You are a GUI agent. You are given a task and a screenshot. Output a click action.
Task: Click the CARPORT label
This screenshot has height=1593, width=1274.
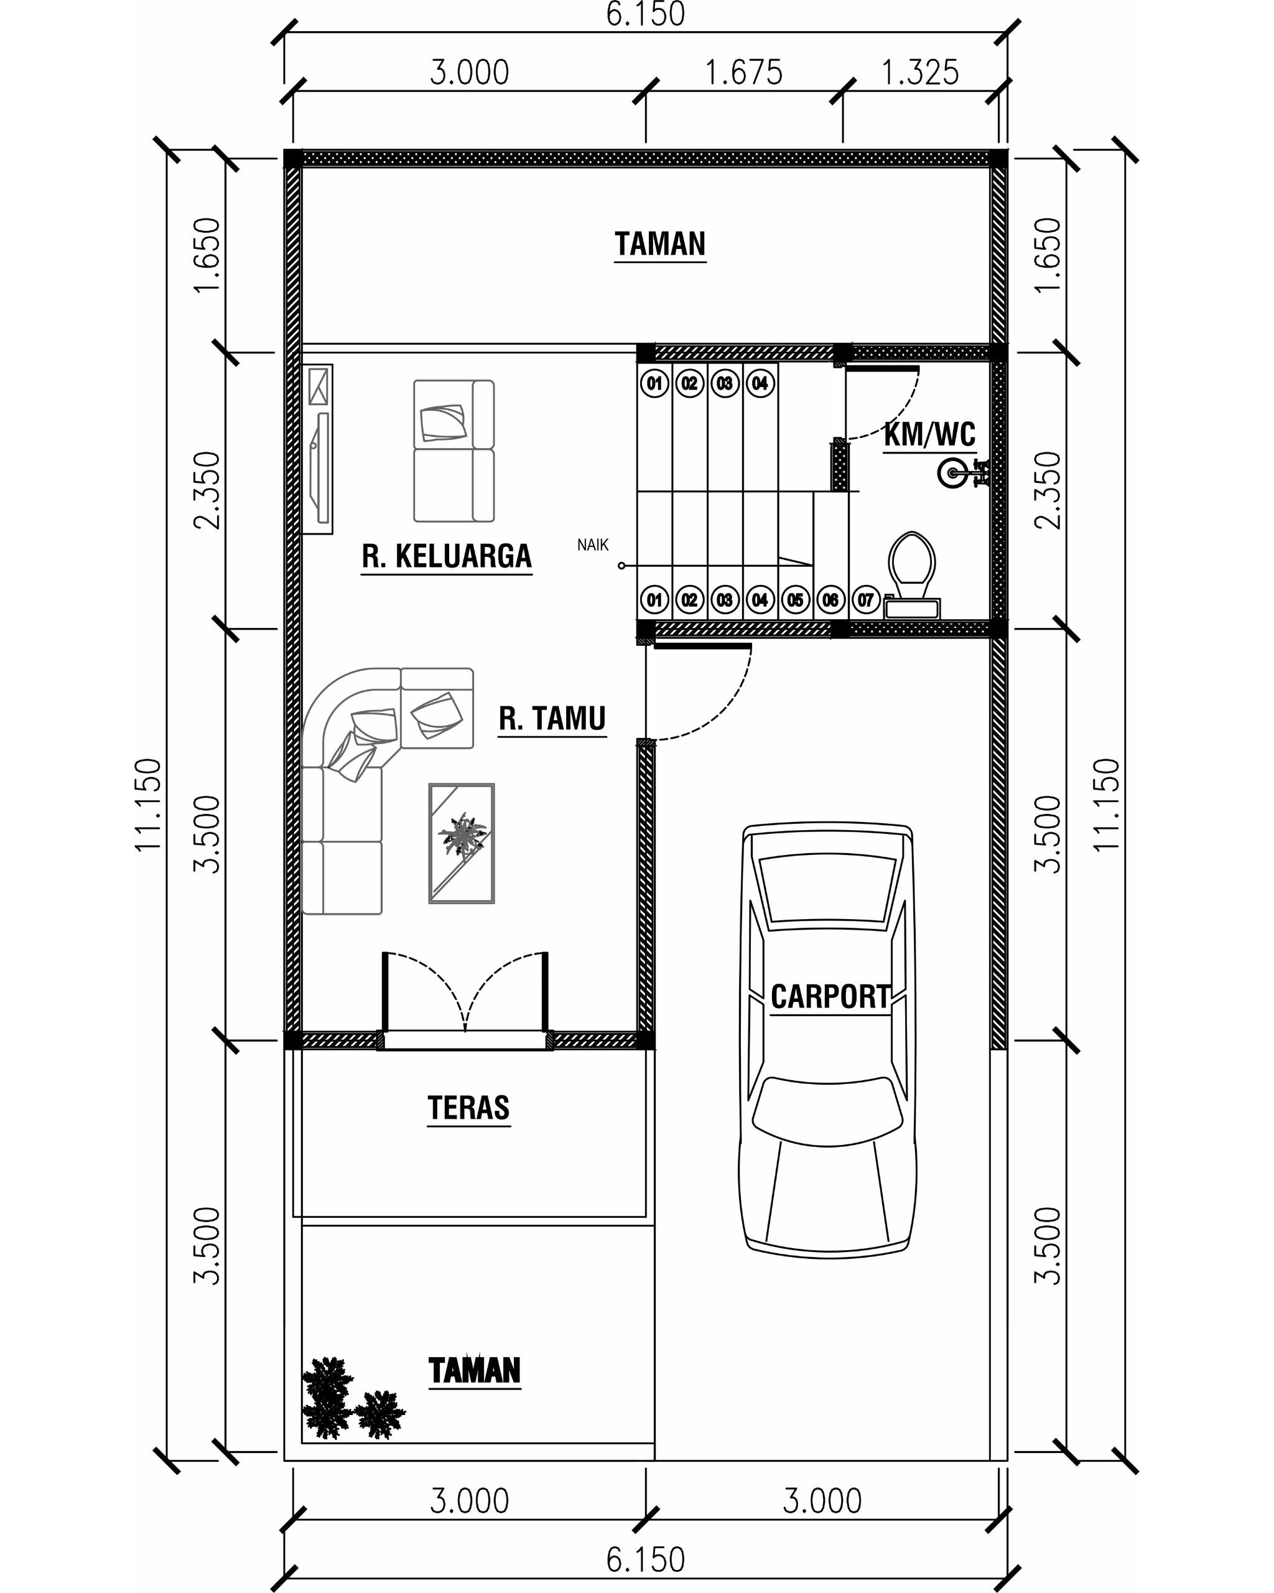tap(830, 997)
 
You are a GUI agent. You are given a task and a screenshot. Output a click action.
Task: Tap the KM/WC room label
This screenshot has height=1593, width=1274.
tap(929, 434)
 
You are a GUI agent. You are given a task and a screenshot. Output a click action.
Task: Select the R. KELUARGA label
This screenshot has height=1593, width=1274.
tap(446, 556)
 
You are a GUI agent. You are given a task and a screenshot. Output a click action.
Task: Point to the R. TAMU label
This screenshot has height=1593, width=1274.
tap(552, 718)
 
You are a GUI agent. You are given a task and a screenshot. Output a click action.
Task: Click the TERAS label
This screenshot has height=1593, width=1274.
tap(468, 1108)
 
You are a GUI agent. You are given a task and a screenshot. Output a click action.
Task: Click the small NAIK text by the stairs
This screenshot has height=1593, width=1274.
tap(592, 545)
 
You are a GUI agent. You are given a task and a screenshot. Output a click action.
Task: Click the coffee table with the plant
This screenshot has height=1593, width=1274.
tap(462, 843)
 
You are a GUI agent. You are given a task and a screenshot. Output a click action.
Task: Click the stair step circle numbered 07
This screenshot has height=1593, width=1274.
tap(865, 599)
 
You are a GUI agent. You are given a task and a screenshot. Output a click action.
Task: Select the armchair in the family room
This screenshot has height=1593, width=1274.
tap(453, 451)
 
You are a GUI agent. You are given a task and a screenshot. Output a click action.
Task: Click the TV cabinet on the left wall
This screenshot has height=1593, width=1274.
tap(318, 449)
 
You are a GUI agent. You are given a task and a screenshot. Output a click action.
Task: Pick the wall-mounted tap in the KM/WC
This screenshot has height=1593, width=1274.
tap(963, 474)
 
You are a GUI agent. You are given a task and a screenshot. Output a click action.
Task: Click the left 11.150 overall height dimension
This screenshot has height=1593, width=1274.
tap(147, 805)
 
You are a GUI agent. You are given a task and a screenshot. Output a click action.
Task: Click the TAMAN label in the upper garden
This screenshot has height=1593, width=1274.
tap(660, 244)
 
